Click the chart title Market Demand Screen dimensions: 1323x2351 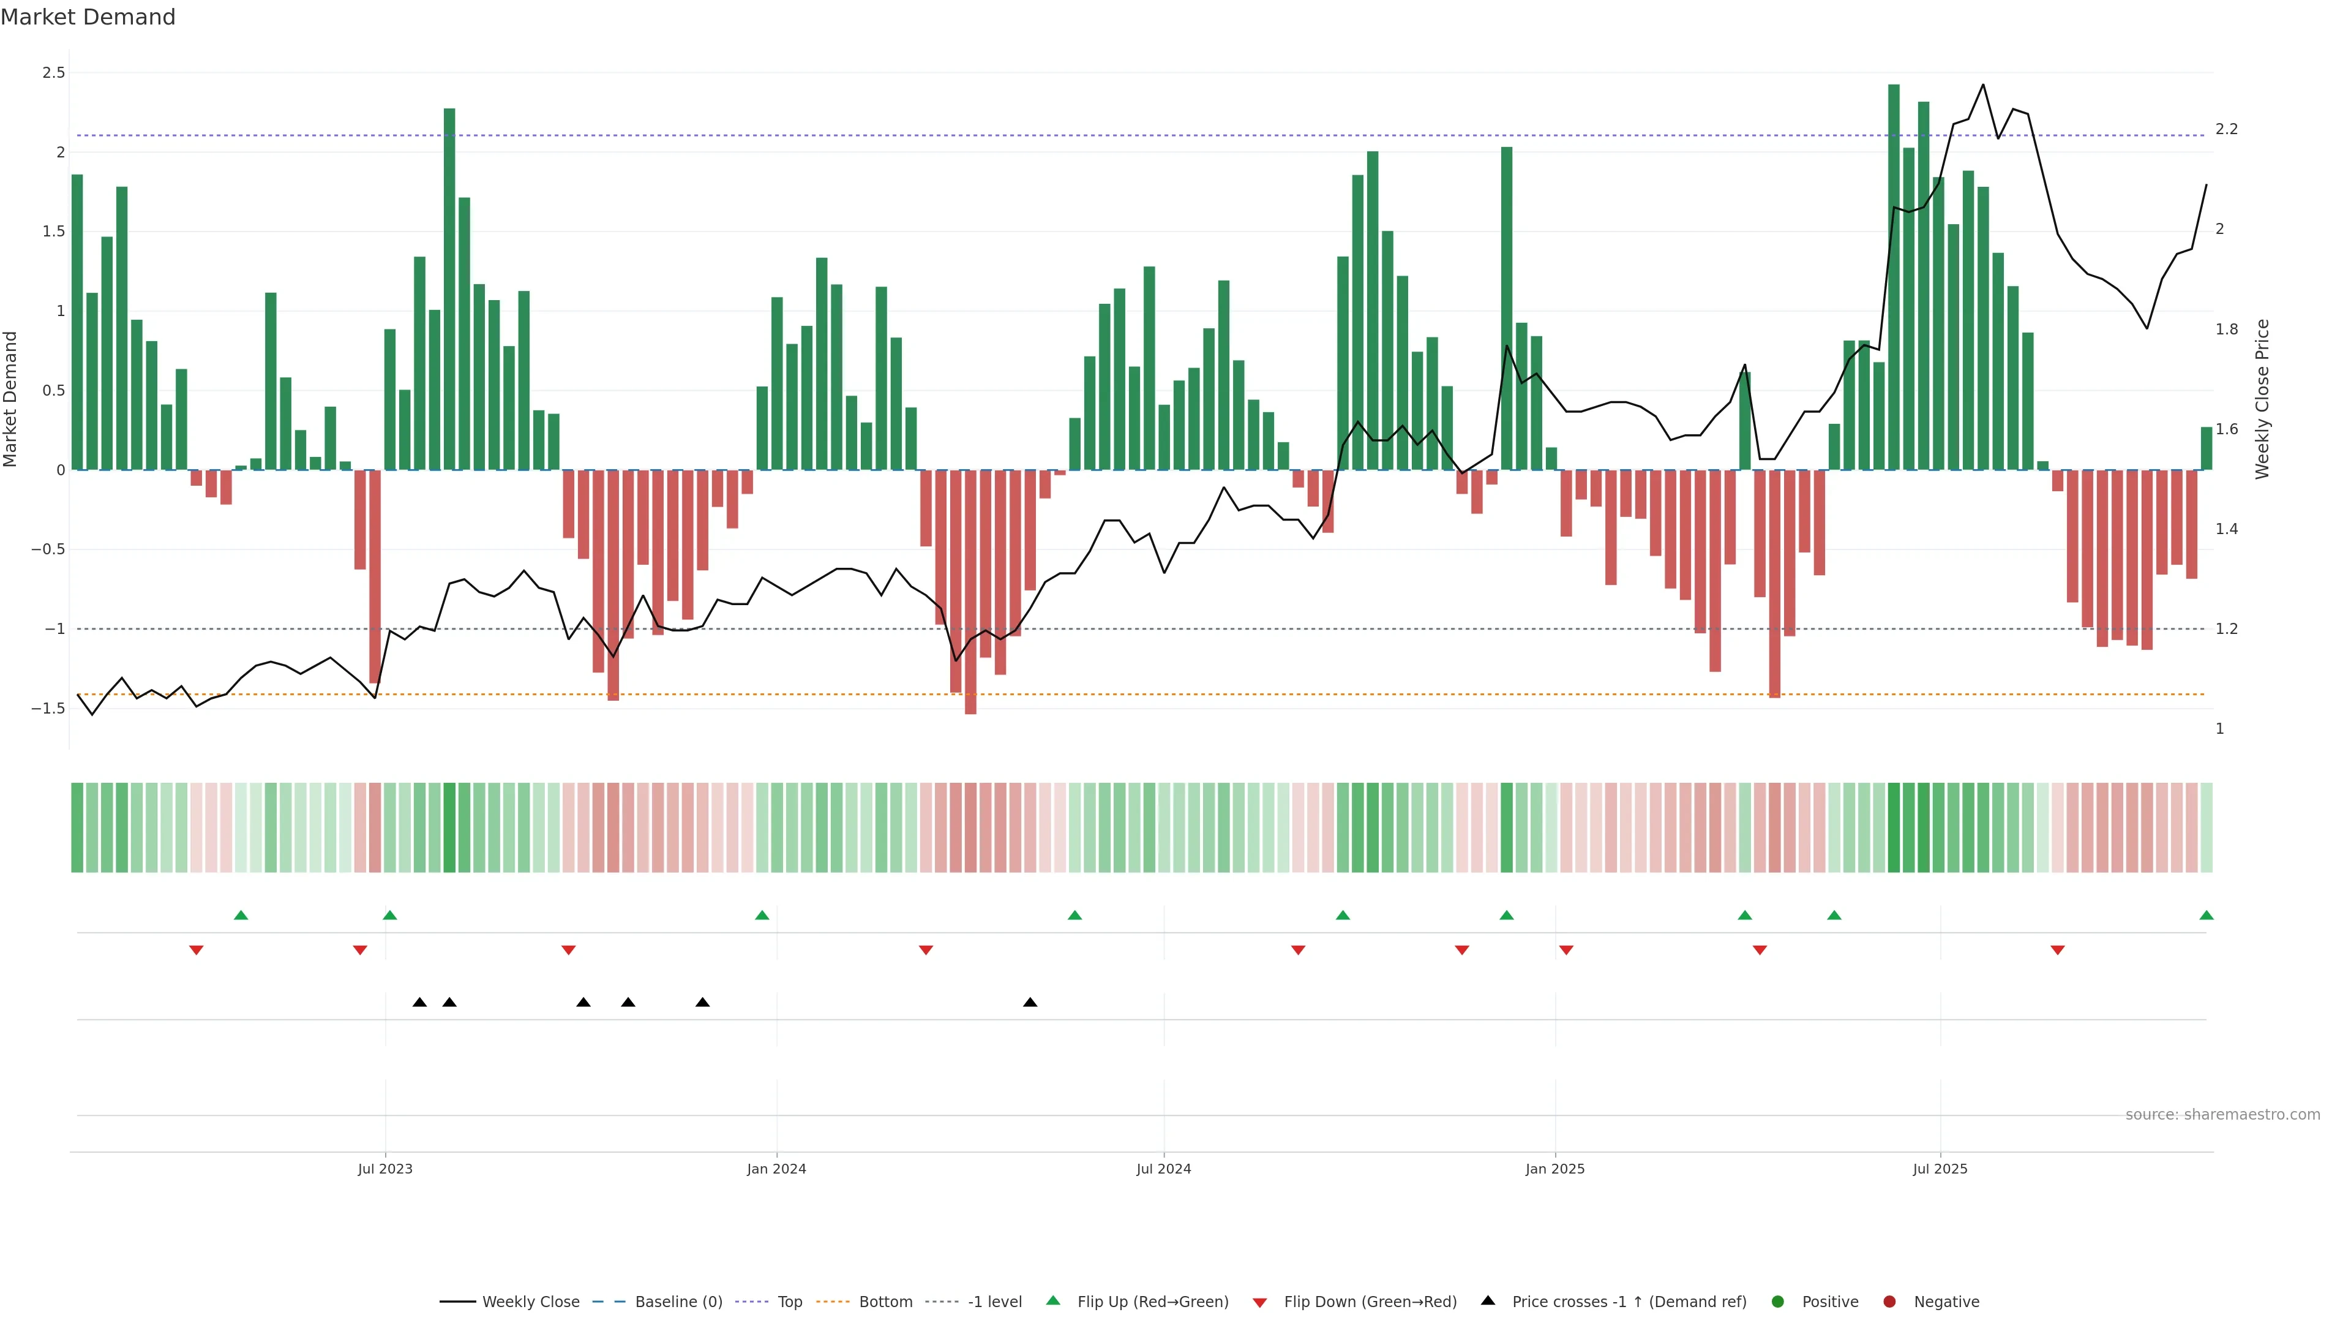point(88,17)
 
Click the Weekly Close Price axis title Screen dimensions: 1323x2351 point(2262,399)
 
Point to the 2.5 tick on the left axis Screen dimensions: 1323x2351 point(54,73)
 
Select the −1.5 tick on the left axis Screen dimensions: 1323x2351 point(48,709)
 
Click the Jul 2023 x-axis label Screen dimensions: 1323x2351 point(384,1169)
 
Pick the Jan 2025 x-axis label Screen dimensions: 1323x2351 point(1554,1169)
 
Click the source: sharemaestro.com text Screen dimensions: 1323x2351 point(2222,1115)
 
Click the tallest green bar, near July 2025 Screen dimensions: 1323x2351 point(1894,274)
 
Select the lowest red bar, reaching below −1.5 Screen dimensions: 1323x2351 point(970,594)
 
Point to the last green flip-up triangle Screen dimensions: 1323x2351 point(2206,916)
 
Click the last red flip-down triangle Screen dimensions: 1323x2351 point(2057,951)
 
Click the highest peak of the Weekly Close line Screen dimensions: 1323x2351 point(1982,85)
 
